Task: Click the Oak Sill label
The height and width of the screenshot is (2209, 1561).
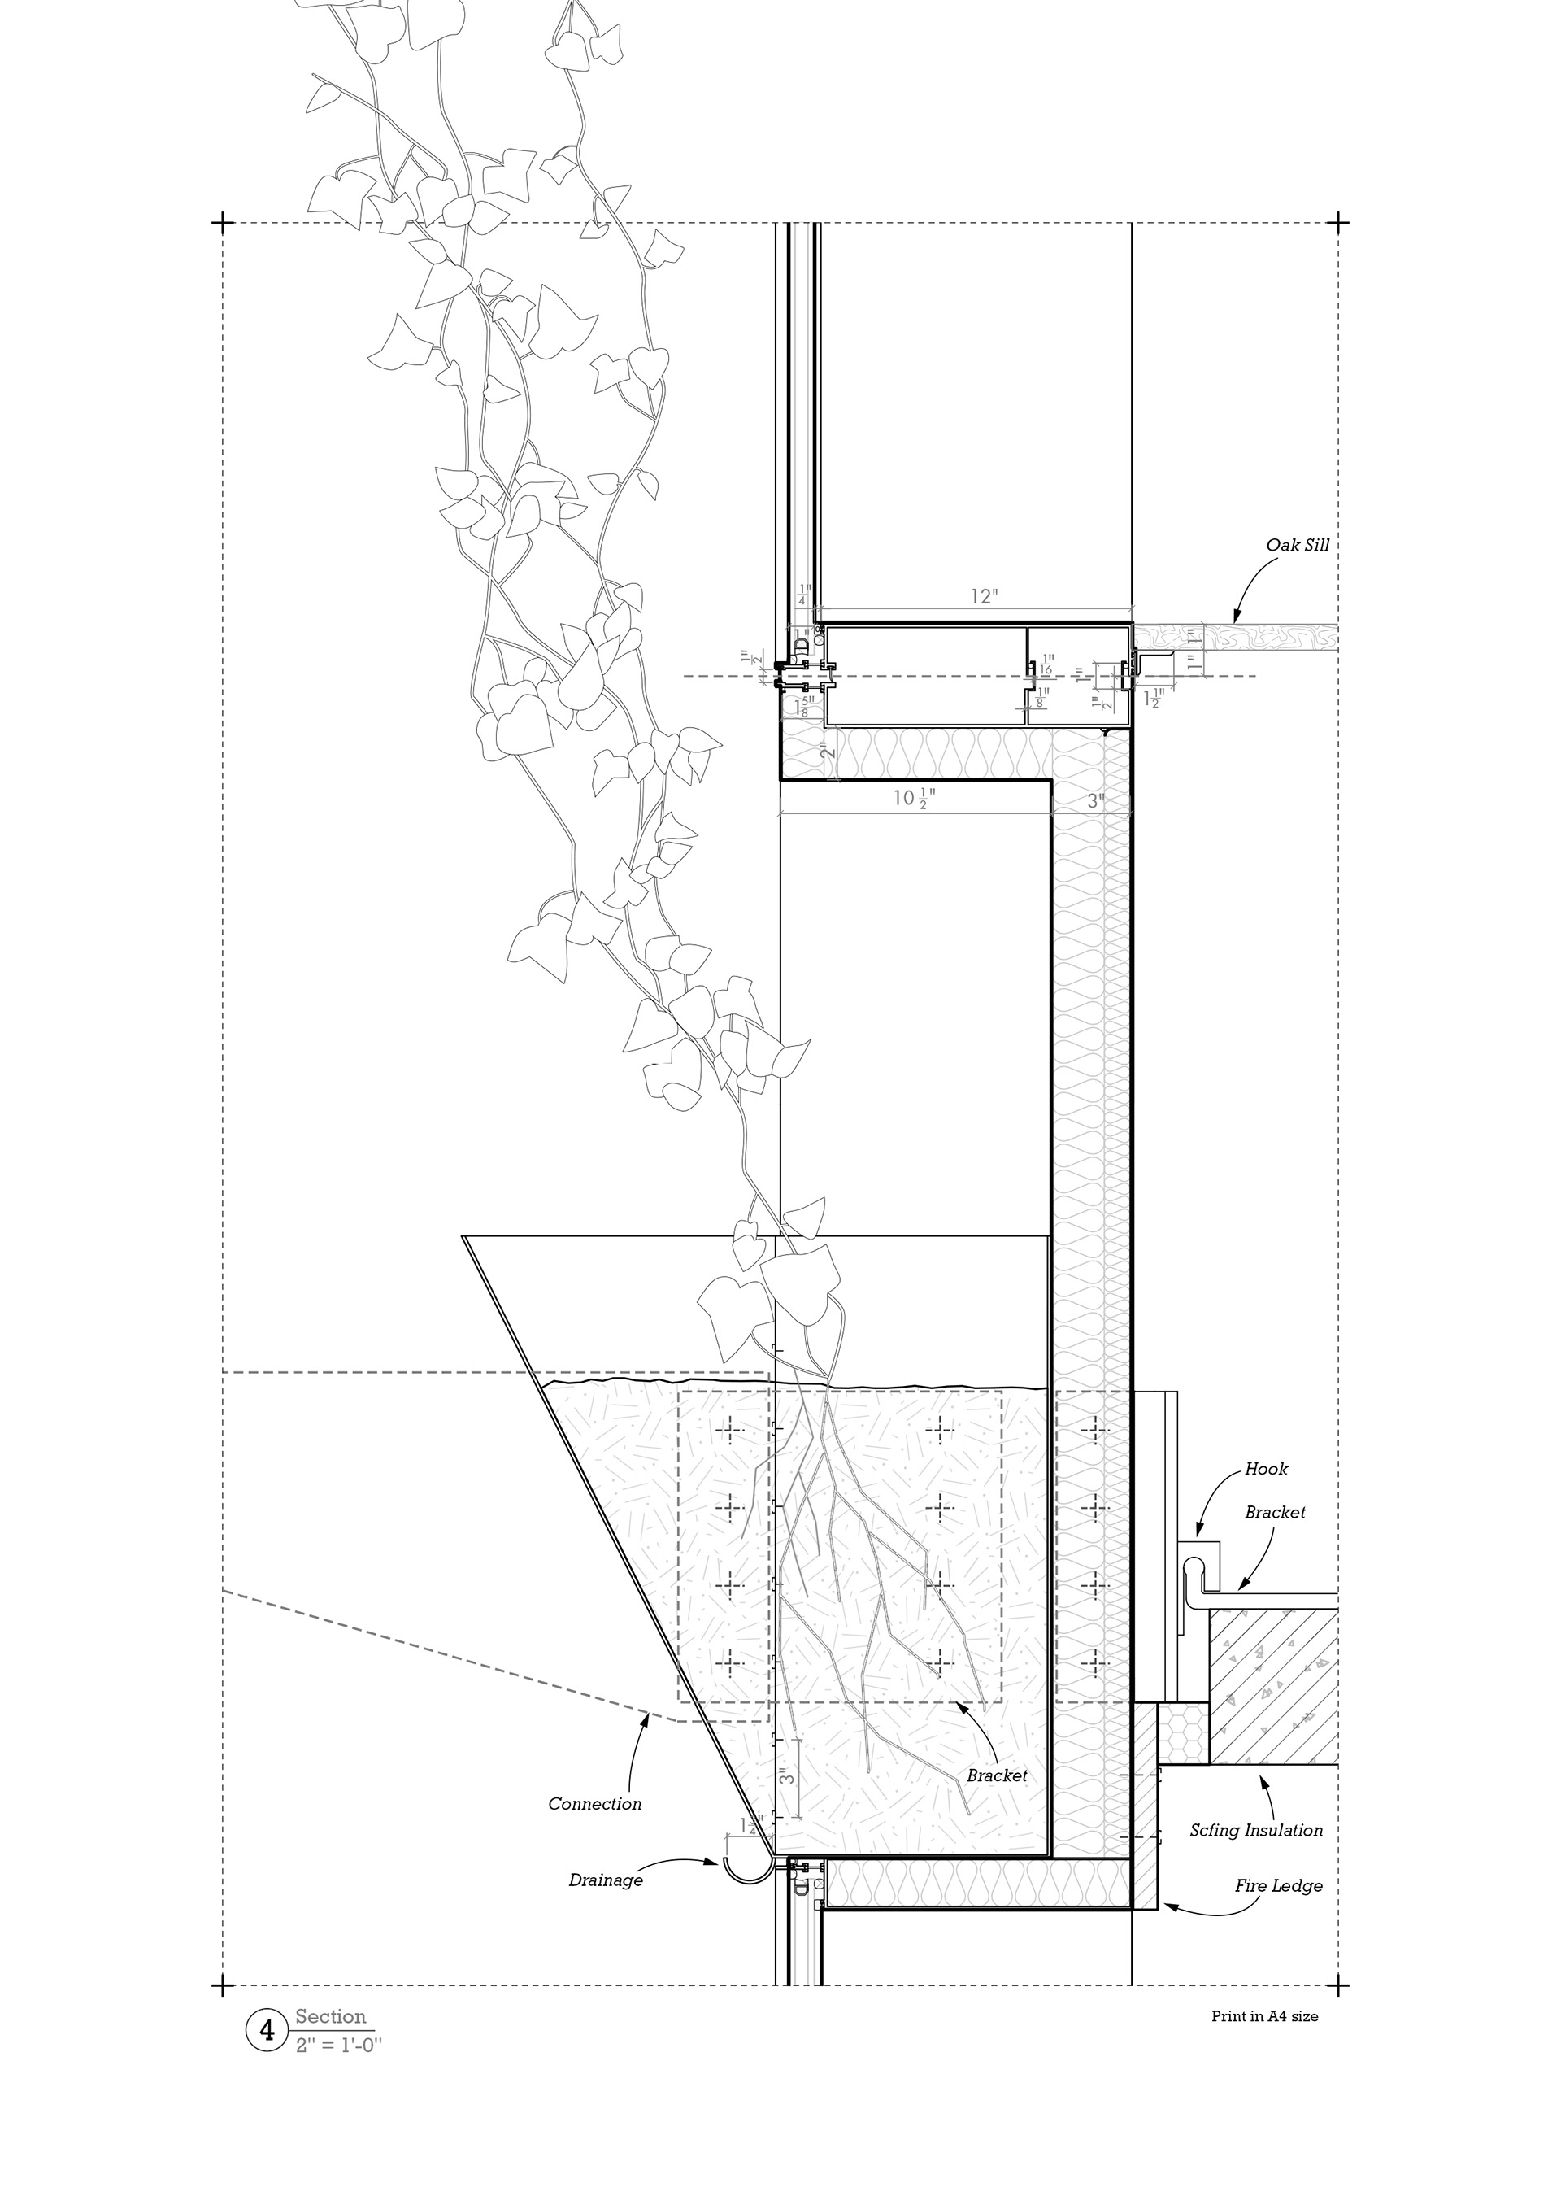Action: coord(1298,546)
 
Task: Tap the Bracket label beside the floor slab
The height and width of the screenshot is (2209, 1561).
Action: coord(1274,1540)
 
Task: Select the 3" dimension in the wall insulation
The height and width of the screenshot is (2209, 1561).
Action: coord(1094,800)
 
